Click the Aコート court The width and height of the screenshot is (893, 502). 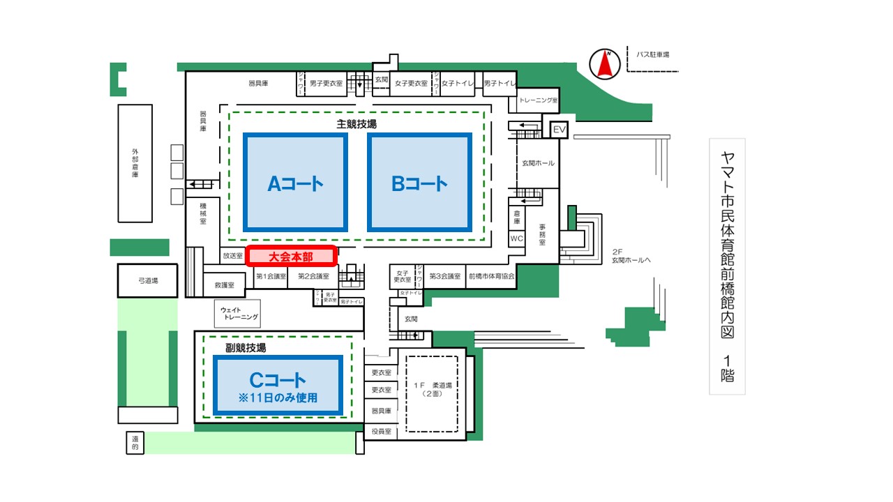[295, 183]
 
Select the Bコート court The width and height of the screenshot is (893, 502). [419, 183]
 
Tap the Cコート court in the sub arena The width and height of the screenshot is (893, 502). [278, 386]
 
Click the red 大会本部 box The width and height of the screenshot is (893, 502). [292, 256]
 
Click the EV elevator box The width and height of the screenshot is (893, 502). [560, 130]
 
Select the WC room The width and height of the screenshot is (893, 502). [517, 238]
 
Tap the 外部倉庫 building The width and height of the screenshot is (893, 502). [135, 163]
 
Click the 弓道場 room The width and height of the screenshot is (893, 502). [148, 280]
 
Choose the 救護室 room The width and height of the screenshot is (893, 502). [229, 284]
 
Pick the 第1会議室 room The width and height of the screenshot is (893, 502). [271, 276]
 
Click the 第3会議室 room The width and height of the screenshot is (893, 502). [445, 276]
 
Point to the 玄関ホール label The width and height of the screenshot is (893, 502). [538, 163]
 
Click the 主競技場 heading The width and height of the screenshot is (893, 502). [357, 124]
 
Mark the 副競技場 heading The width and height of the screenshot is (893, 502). [245, 347]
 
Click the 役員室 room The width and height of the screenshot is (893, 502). [381, 432]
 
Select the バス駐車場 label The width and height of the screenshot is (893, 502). [652, 54]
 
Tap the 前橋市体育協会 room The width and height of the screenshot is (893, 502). [491, 276]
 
